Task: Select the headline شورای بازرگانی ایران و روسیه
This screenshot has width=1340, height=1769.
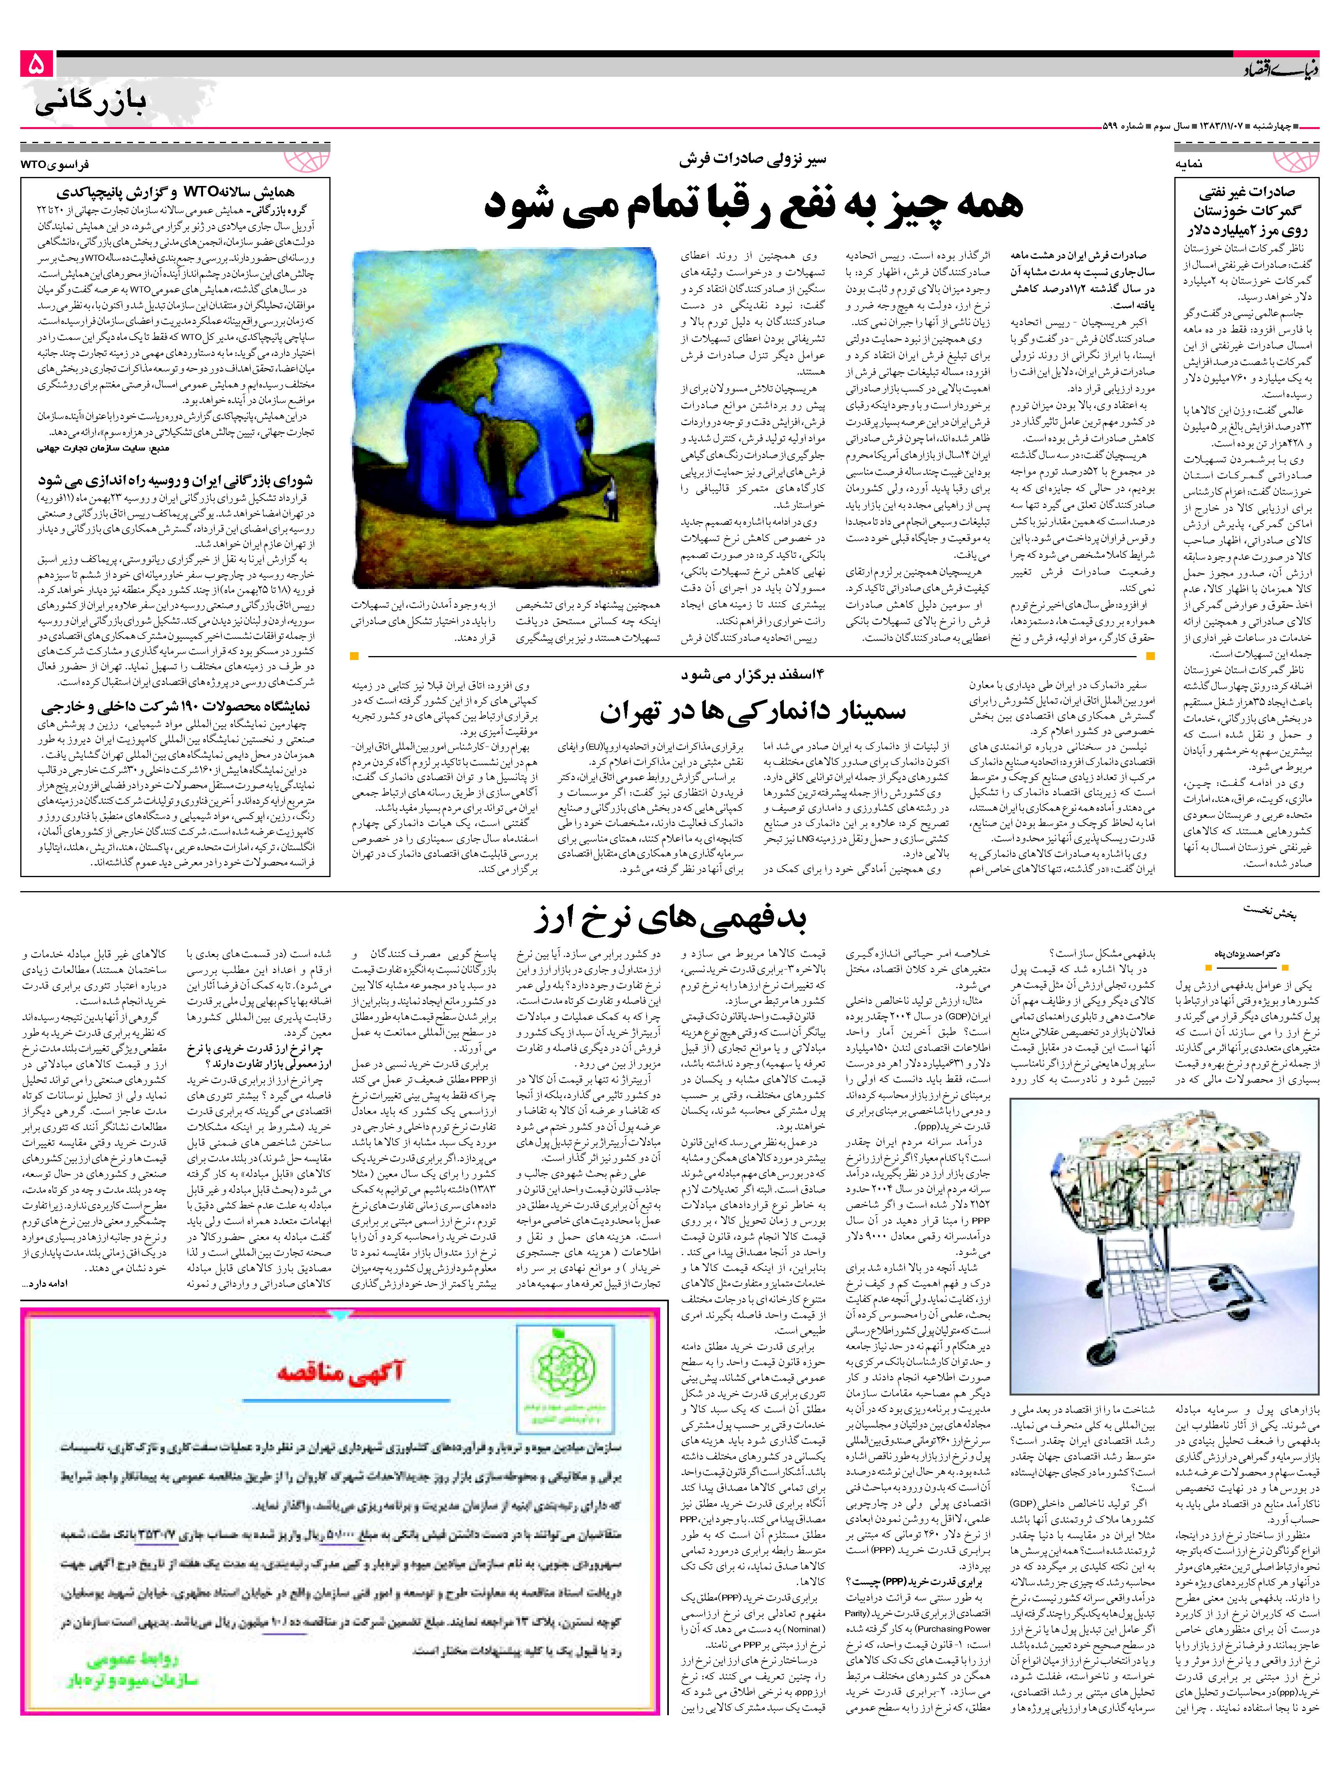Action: tap(176, 481)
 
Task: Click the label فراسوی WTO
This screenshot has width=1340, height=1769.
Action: tap(56, 163)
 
